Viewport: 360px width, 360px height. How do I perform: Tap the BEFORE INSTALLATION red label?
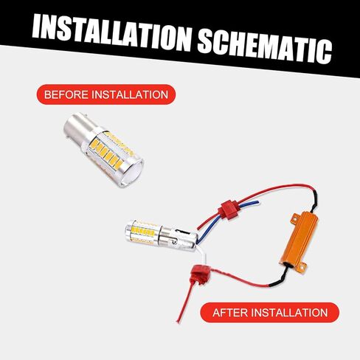click(105, 95)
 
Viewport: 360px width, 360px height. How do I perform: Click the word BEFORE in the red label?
click(65, 95)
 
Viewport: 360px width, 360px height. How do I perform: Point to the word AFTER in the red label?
click(231, 312)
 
